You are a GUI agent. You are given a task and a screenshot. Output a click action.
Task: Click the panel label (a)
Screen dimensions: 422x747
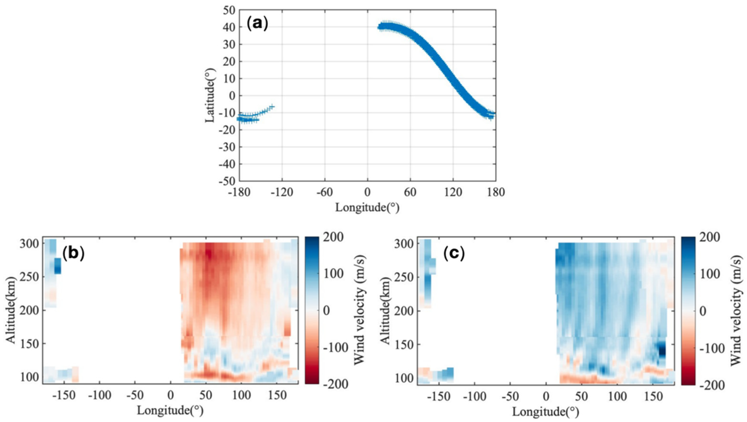(257, 24)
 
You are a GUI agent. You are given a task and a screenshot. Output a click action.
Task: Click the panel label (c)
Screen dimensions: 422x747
(454, 254)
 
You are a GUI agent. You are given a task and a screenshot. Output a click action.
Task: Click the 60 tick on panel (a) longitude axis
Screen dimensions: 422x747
(410, 193)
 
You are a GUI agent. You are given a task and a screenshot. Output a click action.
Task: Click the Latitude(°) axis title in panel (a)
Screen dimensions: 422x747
(210, 95)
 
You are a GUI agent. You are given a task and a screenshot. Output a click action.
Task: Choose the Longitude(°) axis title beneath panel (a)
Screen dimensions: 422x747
(367, 207)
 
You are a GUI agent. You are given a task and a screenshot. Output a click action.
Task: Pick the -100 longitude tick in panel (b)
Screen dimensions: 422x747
(100, 396)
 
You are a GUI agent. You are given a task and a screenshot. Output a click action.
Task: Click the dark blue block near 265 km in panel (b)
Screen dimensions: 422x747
(58, 266)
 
